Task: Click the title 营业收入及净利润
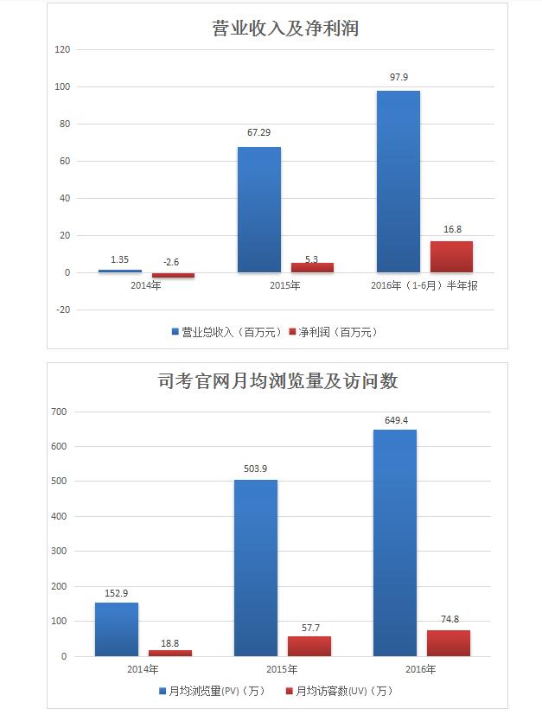coord(284,29)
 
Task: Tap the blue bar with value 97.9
coord(399,182)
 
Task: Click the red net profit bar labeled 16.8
coord(451,257)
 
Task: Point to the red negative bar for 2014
coord(173,275)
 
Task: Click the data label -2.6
coord(173,262)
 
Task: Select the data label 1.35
coord(120,259)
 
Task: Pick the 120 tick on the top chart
coord(62,50)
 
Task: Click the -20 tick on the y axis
coord(62,310)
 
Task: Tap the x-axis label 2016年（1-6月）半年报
coord(424,285)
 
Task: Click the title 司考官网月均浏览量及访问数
coord(277,380)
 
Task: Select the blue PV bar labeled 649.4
coord(395,542)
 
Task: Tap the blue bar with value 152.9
coord(117,629)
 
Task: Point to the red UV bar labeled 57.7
coord(309,646)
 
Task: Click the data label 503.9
coord(256,469)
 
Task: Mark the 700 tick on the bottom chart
coord(58,412)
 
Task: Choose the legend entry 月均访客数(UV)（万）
coord(338,691)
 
